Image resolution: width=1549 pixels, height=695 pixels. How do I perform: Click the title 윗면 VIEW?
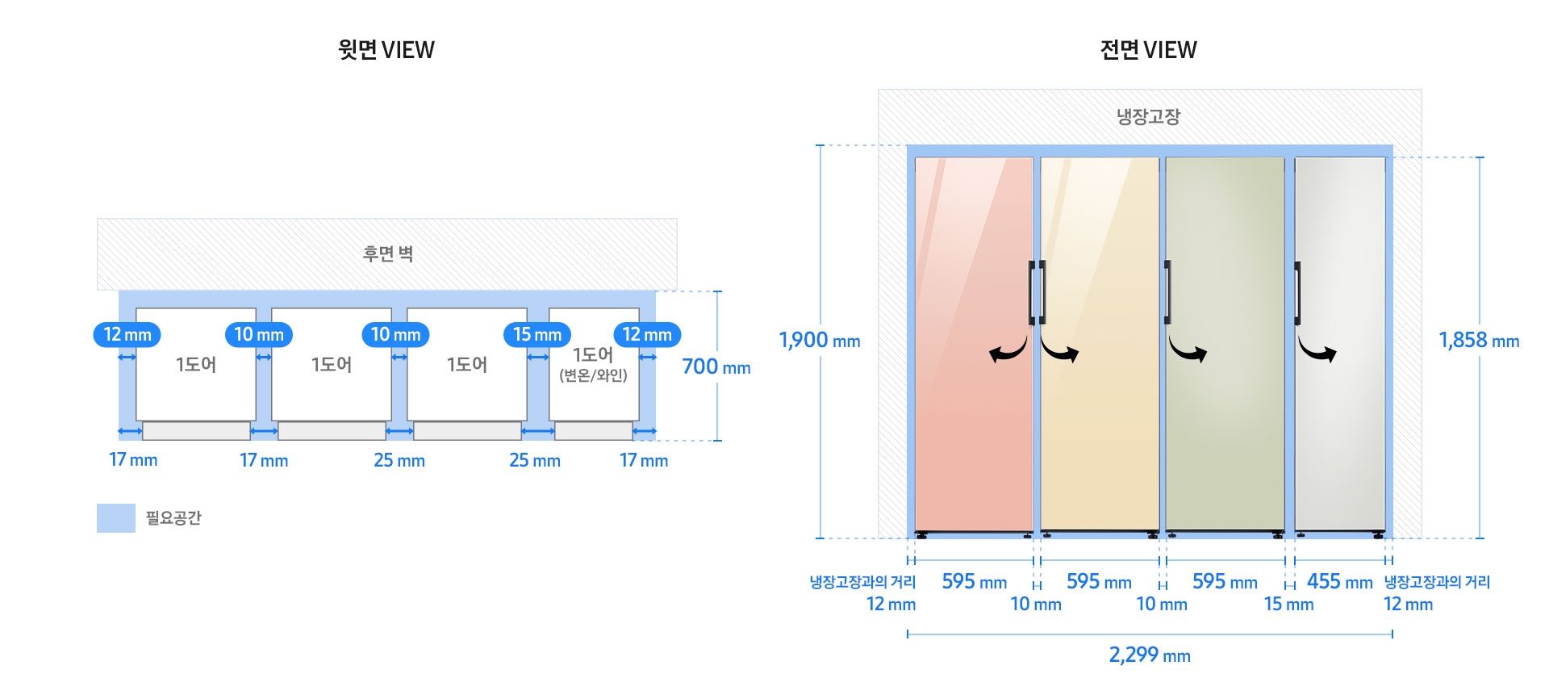pos(386,50)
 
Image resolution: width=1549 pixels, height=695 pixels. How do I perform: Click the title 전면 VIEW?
pos(1148,50)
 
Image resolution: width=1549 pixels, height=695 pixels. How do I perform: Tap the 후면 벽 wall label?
pos(388,254)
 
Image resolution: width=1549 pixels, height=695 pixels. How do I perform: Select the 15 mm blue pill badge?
pos(537,334)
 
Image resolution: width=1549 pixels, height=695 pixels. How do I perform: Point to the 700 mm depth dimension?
pos(716,367)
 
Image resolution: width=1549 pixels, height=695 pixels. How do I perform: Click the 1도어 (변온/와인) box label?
pos(593,365)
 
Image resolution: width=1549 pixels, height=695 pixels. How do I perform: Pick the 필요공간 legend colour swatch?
pos(116,518)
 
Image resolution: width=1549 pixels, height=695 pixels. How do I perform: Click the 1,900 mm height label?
pos(820,341)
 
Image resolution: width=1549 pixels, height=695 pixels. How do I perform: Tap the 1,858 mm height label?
pos(1479,341)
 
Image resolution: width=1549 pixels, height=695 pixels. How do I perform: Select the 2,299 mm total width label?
pos(1150,655)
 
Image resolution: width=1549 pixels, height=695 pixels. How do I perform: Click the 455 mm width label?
pos(1339,581)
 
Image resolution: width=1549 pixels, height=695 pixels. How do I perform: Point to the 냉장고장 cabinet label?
pos(1148,117)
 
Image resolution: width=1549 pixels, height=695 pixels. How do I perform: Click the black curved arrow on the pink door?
pos(1008,350)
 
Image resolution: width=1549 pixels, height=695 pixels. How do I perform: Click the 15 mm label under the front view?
pos(1288,604)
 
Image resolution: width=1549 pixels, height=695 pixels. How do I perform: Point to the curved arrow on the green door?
pos(1188,350)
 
